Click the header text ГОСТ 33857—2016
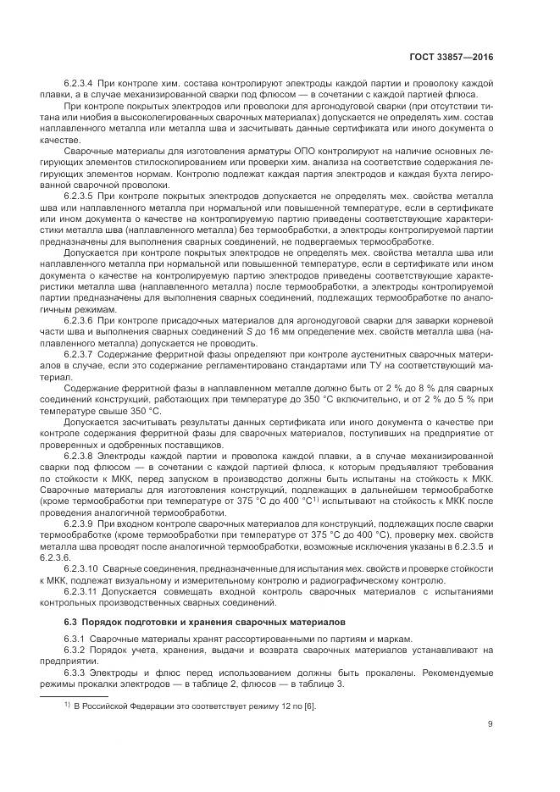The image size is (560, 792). pos(454,57)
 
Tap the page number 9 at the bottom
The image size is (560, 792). pos(491,723)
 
